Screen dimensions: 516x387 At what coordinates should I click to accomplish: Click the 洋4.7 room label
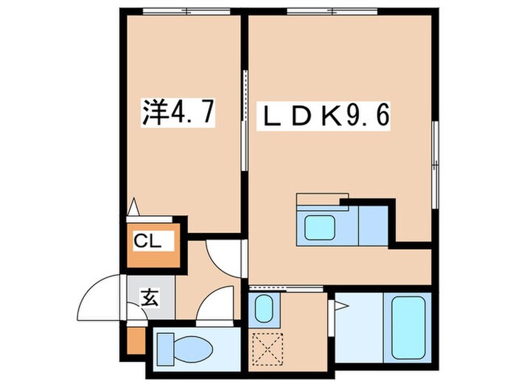[x=178, y=112]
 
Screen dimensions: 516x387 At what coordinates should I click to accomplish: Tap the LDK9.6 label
[x=324, y=116]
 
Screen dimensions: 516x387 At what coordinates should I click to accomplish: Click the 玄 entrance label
[x=150, y=298]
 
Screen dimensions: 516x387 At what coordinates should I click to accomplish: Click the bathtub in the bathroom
[x=408, y=327]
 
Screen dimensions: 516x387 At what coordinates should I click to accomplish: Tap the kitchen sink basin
[x=319, y=228]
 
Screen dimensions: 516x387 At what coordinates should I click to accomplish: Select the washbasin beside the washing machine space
[x=264, y=309]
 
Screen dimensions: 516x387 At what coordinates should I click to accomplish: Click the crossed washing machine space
[x=268, y=349]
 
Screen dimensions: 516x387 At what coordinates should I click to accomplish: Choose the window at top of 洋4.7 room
[x=186, y=12]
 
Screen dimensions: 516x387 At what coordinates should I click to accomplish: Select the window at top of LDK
[x=332, y=12]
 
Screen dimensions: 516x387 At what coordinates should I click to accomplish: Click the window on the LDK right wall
[x=436, y=164]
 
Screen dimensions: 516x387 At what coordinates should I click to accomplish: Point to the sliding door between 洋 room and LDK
[x=244, y=120]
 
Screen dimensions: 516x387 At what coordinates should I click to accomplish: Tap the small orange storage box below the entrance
[x=136, y=341]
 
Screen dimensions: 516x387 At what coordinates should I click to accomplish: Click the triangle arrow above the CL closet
[x=133, y=206]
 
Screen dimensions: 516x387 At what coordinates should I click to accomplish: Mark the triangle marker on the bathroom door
[x=341, y=307]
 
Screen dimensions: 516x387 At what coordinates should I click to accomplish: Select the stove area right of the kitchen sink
[x=373, y=226]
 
